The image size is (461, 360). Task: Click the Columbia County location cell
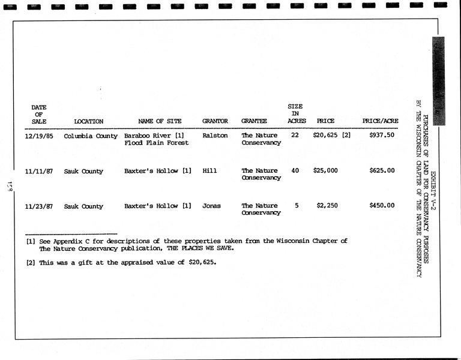point(91,136)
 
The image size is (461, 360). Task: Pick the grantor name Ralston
point(215,136)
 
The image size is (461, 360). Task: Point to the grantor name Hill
point(209,171)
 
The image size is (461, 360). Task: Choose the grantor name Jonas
point(211,206)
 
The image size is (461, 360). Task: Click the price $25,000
point(325,170)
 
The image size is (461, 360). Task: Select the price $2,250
point(327,206)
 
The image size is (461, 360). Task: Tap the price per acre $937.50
point(382,135)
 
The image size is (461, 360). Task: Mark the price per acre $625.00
point(382,170)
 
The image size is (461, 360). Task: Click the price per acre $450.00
point(382,206)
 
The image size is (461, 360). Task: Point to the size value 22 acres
point(295,135)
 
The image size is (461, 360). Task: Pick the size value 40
point(295,170)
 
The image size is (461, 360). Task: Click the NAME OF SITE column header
point(160,121)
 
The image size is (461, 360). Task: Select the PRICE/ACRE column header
point(380,121)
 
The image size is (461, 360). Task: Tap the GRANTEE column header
point(254,121)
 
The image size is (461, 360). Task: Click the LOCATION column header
point(88,121)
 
